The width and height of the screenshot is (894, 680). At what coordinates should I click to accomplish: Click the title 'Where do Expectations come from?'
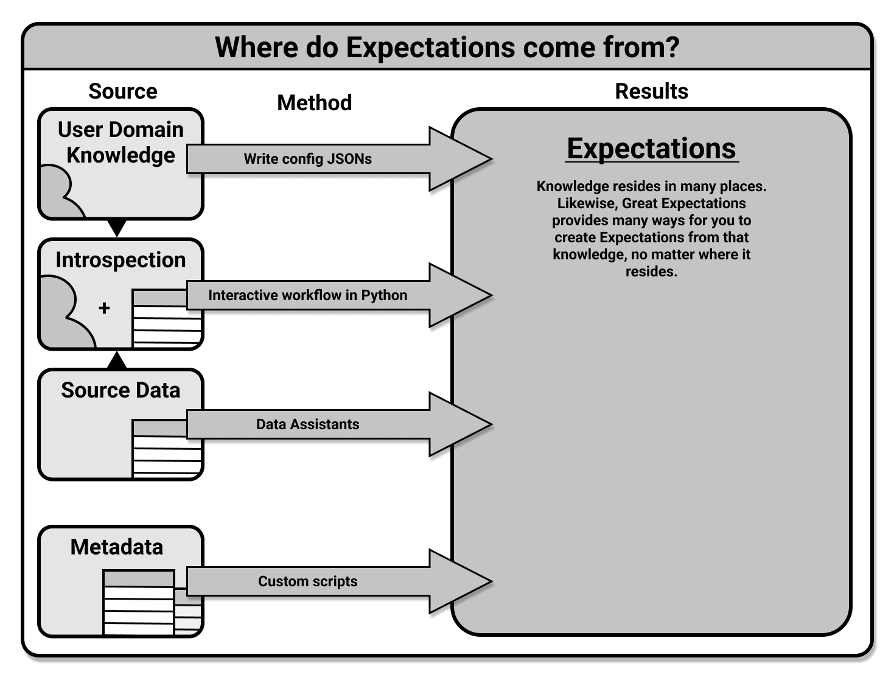click(x=447, y=47)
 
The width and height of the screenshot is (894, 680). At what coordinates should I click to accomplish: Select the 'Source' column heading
click(x=122, y=91)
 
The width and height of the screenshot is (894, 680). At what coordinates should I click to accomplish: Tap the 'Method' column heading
click(x=314, y=103)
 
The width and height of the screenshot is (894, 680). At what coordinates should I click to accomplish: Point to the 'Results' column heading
click(x=651, y=91)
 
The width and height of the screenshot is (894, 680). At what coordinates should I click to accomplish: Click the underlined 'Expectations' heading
click(x=651, y=149)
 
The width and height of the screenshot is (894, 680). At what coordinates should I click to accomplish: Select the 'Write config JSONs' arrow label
click(x=307, y=159)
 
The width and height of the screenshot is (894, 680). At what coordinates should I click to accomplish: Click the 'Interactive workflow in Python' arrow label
click(x=307, y=295)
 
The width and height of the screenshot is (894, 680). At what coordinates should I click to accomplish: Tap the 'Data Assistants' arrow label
click(x=307, y=424)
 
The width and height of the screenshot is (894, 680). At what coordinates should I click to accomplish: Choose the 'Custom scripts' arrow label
click(x=307, y=581)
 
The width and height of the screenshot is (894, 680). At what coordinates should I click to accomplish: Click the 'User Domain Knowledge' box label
click(x=120, y=142)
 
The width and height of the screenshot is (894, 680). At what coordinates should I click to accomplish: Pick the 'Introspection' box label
click(x=120, y=260)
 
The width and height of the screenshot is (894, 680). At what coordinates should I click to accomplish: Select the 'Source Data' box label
click(x=120, y=390)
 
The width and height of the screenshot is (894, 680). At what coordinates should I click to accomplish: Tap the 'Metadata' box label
click(x=117, y=547)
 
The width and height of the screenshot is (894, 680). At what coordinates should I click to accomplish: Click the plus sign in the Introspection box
click(x=104, y=308)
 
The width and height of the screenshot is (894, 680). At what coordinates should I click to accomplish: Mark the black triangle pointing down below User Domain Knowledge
click(x=117, y=227)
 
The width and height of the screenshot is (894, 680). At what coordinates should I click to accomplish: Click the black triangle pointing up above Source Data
click(x=117, y=361)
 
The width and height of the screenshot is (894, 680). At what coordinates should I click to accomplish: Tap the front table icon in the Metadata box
click(x=139, y=603)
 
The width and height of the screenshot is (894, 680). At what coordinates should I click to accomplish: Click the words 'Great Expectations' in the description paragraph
click(x=683, y=203)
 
